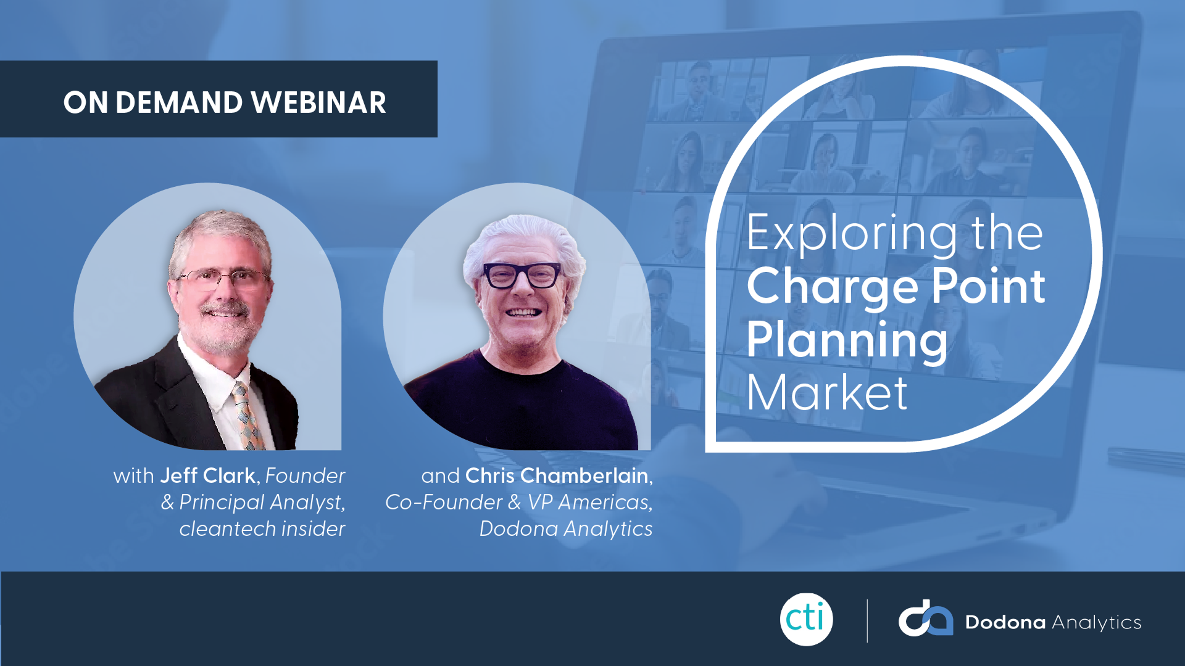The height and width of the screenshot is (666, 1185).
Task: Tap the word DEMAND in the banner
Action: [x=179, y=102]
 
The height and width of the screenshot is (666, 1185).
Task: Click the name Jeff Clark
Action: [x=208, y=475]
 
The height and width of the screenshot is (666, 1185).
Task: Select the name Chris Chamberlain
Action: [x=557, y=475]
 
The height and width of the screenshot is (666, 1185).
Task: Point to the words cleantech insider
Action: [x=262, y=528]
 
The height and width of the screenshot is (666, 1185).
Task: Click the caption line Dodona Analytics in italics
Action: [x=566, y=528]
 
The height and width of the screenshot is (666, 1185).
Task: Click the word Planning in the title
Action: [x=847, y=340]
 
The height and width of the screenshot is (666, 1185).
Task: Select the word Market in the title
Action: [x=827, y=392]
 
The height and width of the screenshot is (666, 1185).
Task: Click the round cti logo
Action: [x=806, y=619]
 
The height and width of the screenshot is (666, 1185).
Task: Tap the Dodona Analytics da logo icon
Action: [x=925, y=618]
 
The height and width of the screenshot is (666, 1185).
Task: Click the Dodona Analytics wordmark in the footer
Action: [x=1053, y=622]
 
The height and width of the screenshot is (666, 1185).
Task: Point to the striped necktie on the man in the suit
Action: [x=247, y=414]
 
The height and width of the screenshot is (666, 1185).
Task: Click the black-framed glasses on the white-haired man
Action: [x=522, y=275]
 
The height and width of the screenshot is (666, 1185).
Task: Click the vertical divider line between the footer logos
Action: [x=867, y=621]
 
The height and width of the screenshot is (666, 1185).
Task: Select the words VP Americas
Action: [x=589, y=502]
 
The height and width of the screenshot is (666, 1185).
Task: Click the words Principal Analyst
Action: [x=261, y=503]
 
